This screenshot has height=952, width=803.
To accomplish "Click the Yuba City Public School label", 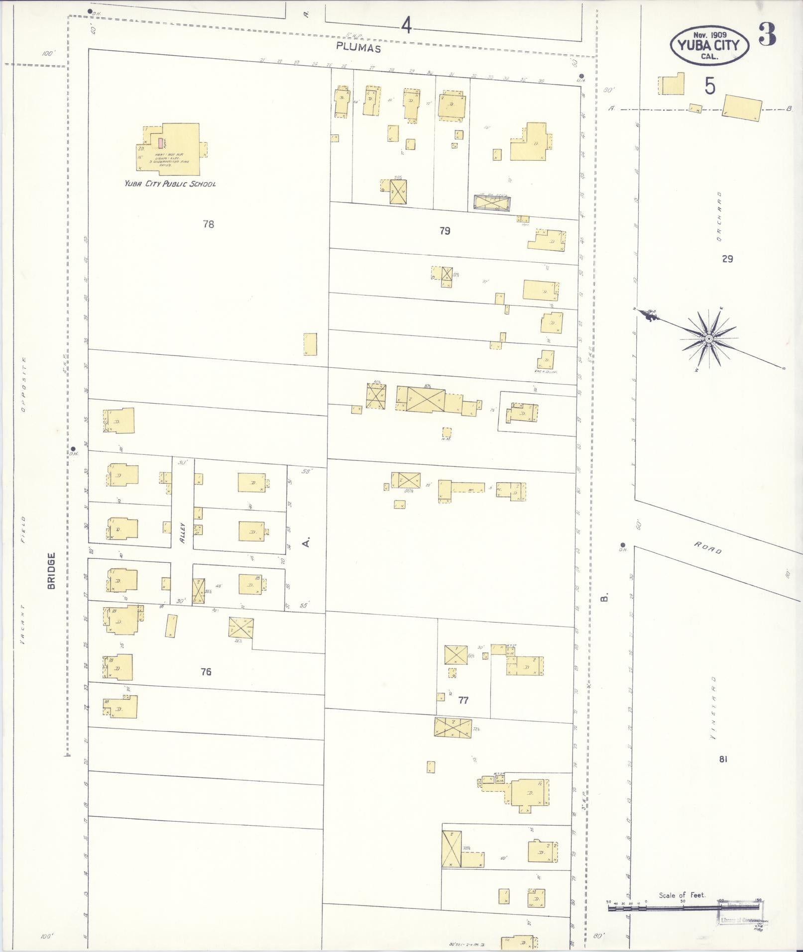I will tap(170, 184).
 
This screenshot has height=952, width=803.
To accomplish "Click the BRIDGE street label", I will tap(51, 571).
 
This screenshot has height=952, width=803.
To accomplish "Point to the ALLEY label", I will tap(183, 532).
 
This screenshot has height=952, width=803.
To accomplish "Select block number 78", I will tap(209, 224).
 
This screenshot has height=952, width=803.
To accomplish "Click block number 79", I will tap(445, 230).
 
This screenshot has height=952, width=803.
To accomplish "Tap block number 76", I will tap(206, 672).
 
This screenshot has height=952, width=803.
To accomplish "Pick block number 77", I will tap(463, 700).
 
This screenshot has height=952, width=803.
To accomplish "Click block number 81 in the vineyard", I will tap(723, 759).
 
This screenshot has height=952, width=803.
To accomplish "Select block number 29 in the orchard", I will tap(727, 259).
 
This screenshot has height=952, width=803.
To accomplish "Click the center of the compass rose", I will tap(708, 338).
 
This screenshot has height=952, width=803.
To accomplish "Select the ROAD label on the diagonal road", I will tap(708, 548).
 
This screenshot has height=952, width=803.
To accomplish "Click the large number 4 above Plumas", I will tap(407, 25).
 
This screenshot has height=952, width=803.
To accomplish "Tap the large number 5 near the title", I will tap(710, 87).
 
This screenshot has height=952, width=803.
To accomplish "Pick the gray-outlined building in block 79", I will tap(492, 203).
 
